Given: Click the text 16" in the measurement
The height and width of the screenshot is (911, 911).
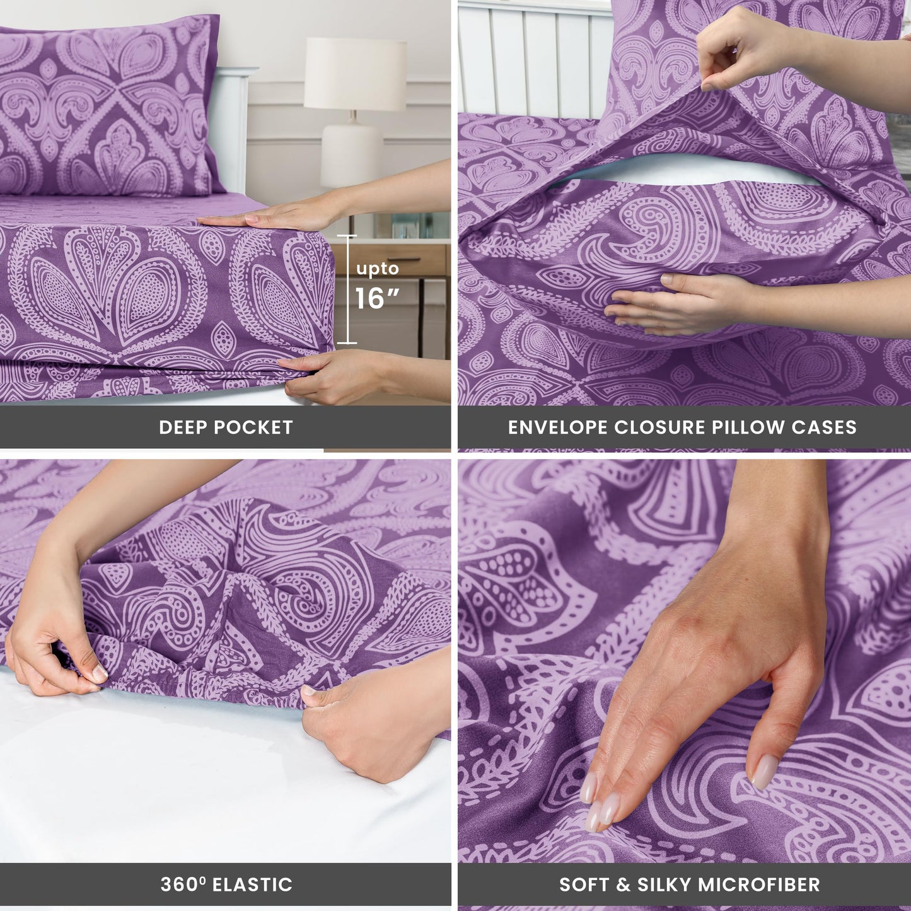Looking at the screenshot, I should [377, 298].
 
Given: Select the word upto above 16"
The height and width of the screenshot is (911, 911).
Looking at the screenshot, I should [377, 269].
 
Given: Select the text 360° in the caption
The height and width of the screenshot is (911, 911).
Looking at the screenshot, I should [183, 884].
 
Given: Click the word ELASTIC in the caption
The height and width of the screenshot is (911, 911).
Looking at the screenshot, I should [252, 885].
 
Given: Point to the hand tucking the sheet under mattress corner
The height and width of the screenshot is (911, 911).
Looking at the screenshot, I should [328, 375].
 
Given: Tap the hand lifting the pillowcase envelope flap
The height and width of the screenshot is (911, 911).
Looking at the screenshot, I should [738, 54].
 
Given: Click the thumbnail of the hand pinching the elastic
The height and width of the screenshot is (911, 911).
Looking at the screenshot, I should [99, 673].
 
